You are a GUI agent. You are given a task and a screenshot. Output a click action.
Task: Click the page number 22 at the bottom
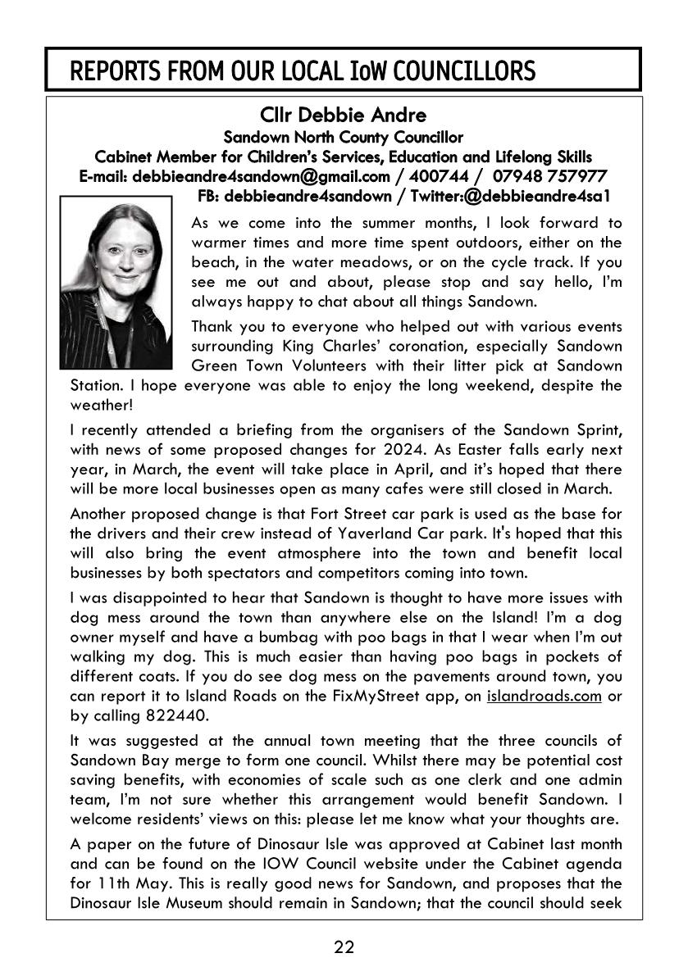point(344,948)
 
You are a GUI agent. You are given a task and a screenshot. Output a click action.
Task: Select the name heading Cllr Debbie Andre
point(344,116)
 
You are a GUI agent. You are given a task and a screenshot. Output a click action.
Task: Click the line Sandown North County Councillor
point(344,137)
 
